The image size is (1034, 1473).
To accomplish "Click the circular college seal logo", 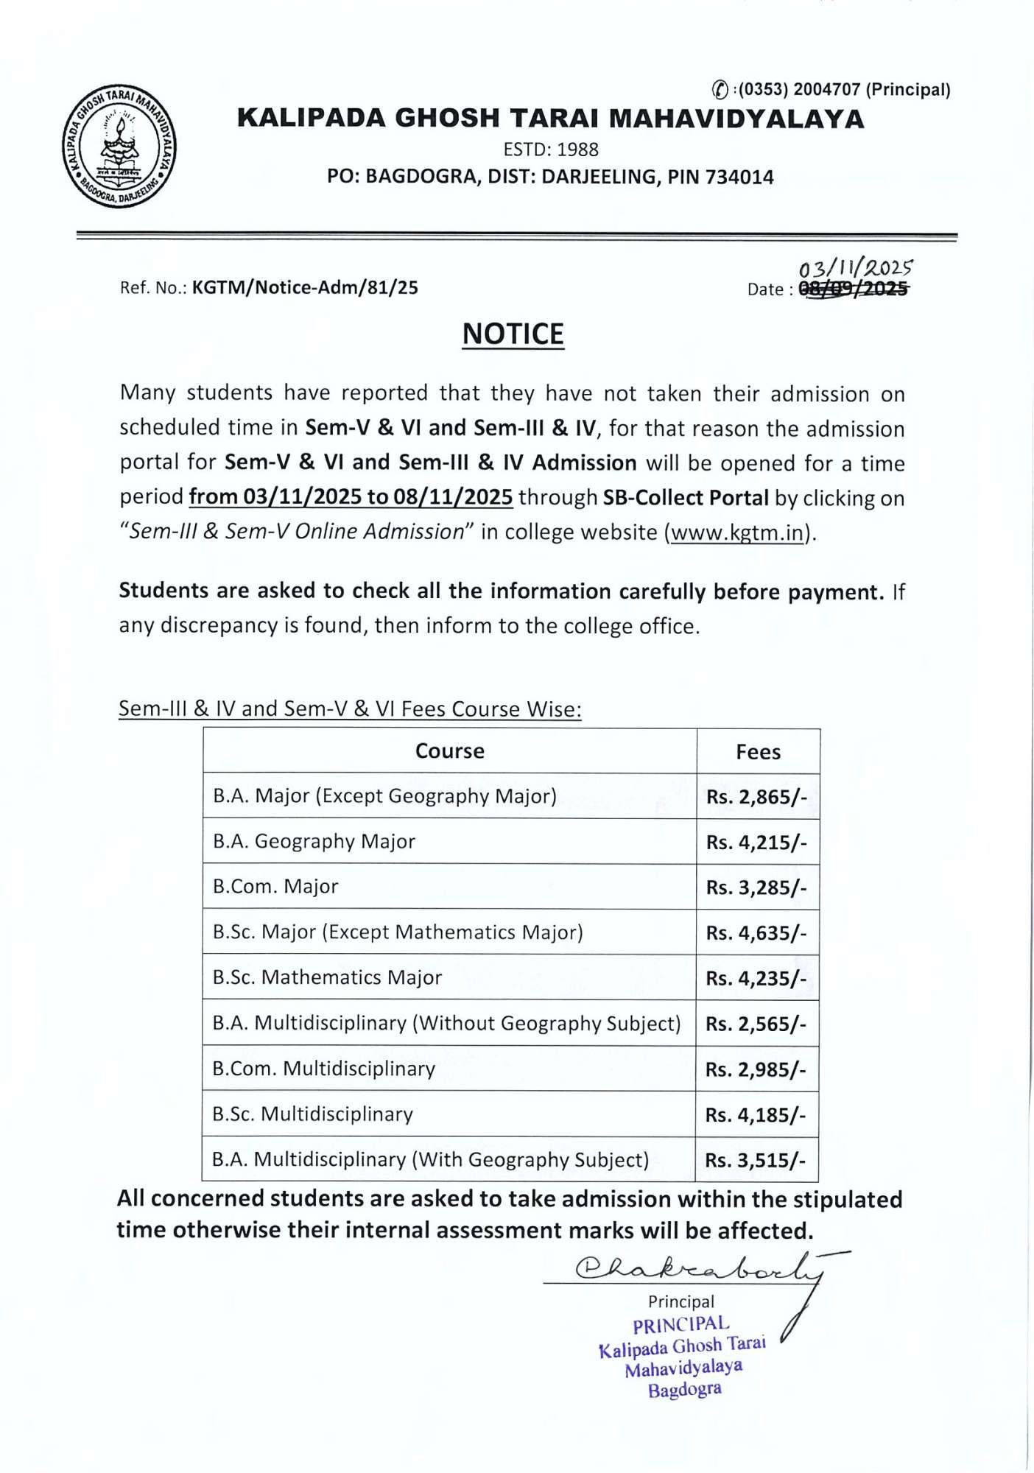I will [x=119, y=146].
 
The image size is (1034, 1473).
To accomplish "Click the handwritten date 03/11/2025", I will [x=855, y=269].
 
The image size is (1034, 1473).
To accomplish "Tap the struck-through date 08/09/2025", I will [x=853, y=289].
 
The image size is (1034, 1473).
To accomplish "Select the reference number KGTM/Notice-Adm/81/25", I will [x=305, y=287].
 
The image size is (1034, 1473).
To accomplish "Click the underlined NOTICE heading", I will [x=513, y=334].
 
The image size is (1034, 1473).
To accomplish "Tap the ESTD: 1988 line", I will [x=550, y=150].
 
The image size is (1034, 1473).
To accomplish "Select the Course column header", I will [x=449, y=751].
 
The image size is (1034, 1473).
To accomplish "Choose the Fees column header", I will [x=758, y=752].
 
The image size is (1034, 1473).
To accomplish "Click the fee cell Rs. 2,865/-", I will [x=756, y=797].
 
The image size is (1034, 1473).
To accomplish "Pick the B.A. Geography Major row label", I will [x=314, y=841].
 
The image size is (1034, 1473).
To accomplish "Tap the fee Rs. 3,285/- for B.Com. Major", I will [x=756, y=887].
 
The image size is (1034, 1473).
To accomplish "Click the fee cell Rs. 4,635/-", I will [x=756, y=933].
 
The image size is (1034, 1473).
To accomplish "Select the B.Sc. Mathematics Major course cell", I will [x=327, y=977].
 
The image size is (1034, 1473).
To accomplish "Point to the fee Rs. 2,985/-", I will [x=756, y=1069].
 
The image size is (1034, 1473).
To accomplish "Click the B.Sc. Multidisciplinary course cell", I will [x=312, y=1114].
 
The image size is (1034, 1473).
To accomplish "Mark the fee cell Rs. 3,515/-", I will [x=756, y=1161].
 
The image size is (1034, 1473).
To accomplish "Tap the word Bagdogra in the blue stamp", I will [x=684, y=1390].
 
